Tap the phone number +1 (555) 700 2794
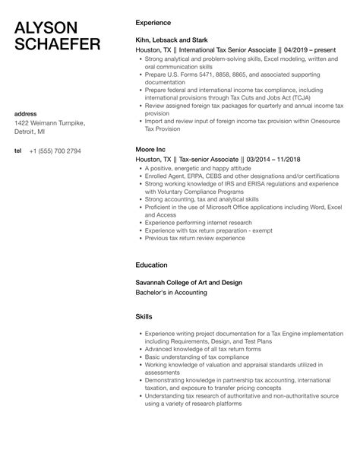55,151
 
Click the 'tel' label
18,151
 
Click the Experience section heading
154,24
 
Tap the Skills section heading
144,316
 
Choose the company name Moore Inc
150,151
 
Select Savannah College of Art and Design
188,282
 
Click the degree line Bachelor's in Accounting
171,292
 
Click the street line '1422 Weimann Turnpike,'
50,123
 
